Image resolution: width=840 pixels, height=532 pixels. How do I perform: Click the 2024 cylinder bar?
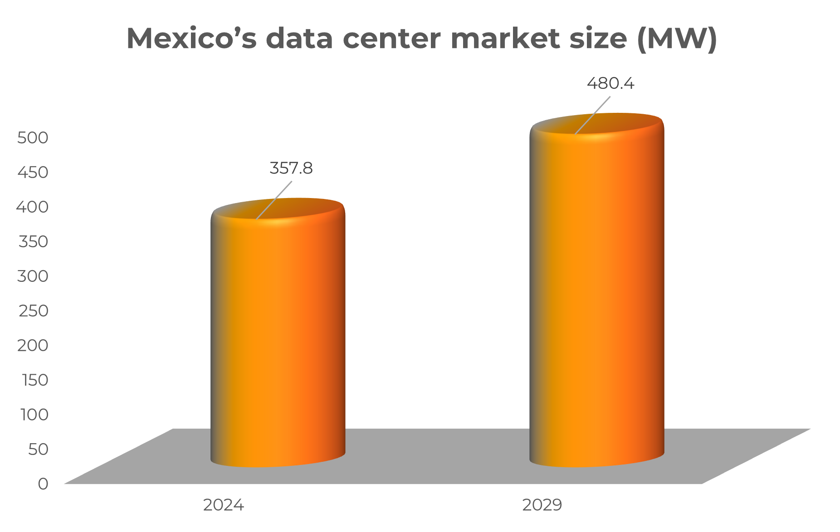click(278, 335)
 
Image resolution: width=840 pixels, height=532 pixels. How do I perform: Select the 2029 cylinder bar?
click(596, 295)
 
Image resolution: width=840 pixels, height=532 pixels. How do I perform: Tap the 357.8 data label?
click(291, 169)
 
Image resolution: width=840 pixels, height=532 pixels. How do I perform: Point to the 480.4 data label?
click(610, 83)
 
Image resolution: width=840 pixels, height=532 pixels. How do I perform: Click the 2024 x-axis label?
click(223, 505)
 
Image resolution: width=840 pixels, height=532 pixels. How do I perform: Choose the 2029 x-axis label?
click(542, 505)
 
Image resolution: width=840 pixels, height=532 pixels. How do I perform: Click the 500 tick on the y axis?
click(33, 138)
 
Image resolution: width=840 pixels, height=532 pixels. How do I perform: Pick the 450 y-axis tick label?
click(33, 172)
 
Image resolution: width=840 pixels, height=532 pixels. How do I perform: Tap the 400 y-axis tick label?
click(33, 207)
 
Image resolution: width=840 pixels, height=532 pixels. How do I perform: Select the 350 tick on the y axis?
click(33, 242)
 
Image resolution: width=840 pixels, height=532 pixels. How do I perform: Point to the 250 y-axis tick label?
click(33, 311)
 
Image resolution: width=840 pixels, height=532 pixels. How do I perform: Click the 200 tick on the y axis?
click(33, 345)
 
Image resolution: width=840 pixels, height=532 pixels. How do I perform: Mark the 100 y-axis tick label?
click(34, 415)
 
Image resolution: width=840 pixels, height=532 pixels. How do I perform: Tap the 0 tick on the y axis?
click(43, 484)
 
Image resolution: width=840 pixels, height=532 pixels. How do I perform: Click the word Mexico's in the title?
click(191, 39)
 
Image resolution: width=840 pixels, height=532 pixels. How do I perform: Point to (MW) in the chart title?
click(677, 39)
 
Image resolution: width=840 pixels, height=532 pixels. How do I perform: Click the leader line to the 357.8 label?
click(273, 200)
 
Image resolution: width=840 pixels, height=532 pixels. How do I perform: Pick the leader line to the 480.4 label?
click(592, 115)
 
